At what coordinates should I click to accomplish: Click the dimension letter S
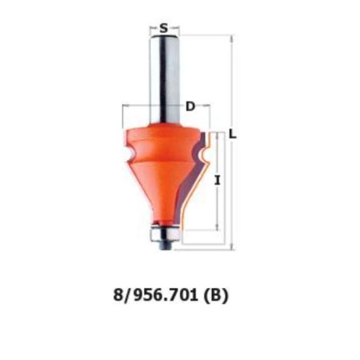tap(164, 28)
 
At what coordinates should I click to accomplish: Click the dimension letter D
tap(190, 107)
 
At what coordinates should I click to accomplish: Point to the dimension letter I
tap(217, 180)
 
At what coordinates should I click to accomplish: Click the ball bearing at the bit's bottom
tap(165, 234)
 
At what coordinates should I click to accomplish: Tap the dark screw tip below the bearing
tap(165, 245)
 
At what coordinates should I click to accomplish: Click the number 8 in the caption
tap(118, 295)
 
